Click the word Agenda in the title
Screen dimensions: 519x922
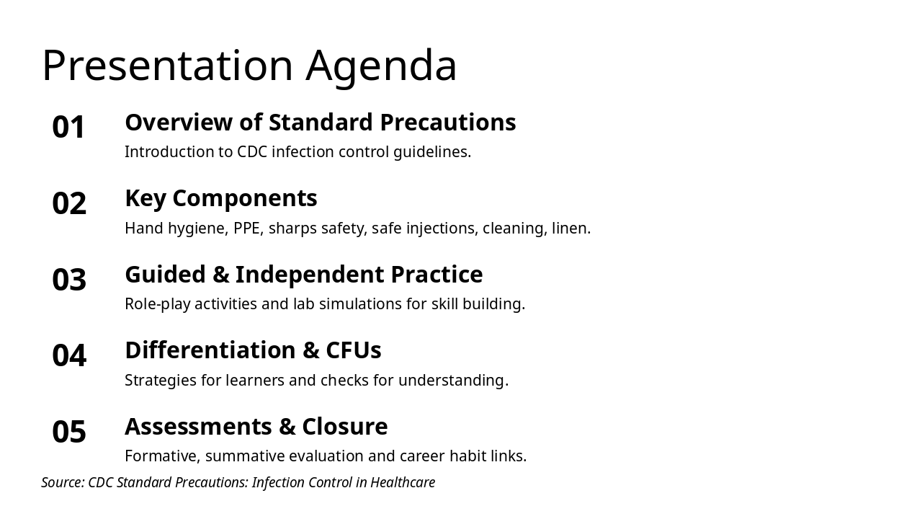pyautogui.click(x=381, y=66)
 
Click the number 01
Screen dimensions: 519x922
pyautogui.click(x=69, y=128)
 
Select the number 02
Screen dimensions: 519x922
pyautogui.click(x=69, y=204)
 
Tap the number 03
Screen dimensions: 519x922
pyautogui.click(x=69, y=280)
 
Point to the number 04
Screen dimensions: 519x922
pyautogui.click(x=69, y=356)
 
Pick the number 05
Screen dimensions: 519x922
pyautogui.click(x=69, y=432)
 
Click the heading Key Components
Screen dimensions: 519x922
pyautogui.click(x=220, y=198)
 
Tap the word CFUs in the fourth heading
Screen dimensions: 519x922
pyautogui.click(x=353, y=350)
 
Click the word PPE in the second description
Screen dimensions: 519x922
pyautogui.click(x=246, y=229)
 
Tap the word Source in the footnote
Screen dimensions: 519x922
pyautogui.click(x=61, y=482)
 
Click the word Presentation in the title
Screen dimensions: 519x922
pyautogui.click(x=168, y=66)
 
